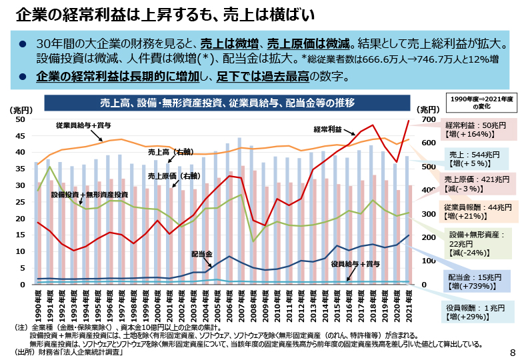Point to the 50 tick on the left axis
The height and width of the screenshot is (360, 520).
pos(20,119)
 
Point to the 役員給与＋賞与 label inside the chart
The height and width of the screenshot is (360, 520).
pos(356,264)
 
